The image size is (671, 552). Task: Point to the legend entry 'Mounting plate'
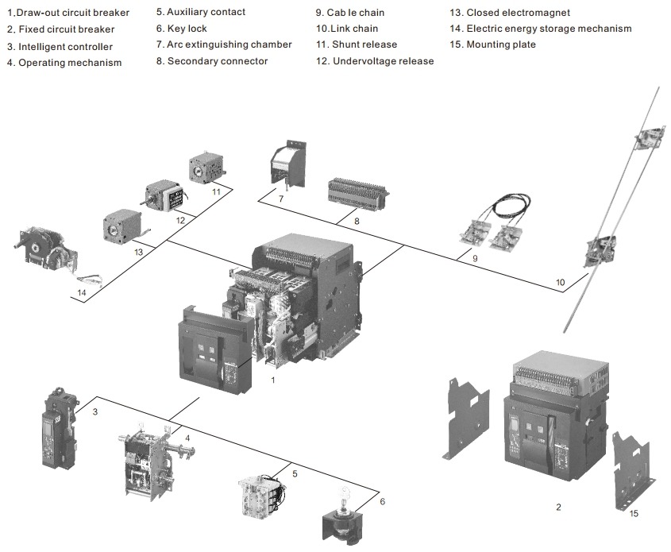pos(492,44)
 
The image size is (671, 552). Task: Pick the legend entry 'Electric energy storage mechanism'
pos(541,29)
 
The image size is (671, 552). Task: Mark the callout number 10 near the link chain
pos(560,283)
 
